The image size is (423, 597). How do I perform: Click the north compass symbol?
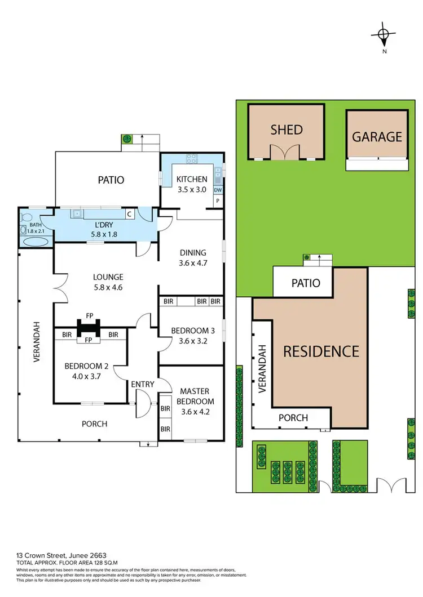[384, 34]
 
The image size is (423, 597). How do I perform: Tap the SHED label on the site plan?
[287, 130]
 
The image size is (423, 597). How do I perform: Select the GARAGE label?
[377, 136]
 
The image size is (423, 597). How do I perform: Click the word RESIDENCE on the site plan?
[320, 351]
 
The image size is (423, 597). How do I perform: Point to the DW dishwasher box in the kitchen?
[218, 190]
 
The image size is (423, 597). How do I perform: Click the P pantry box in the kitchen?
[218, 201]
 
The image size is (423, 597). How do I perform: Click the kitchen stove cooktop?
[191, 158]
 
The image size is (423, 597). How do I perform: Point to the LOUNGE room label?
[109, 277]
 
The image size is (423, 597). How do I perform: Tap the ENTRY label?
[142, 384]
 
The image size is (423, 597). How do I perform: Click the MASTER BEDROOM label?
[196, 396]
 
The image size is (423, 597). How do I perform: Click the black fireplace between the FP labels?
[89, 327]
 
